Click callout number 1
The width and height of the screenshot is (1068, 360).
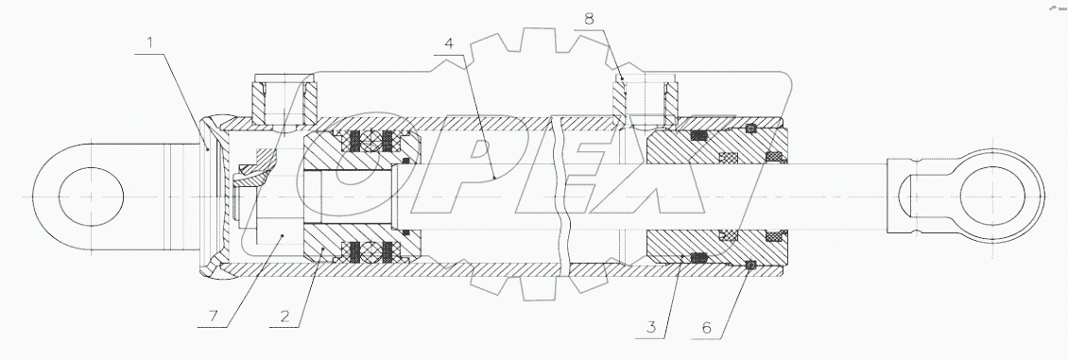point(150,43)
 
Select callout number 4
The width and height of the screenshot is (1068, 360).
point(449,43)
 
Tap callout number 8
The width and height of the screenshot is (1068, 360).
point(589,19)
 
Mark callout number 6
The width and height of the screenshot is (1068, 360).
point(706,327)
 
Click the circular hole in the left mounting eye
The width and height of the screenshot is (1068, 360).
point(92,197)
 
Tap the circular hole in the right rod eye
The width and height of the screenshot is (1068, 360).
point(992,196)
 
